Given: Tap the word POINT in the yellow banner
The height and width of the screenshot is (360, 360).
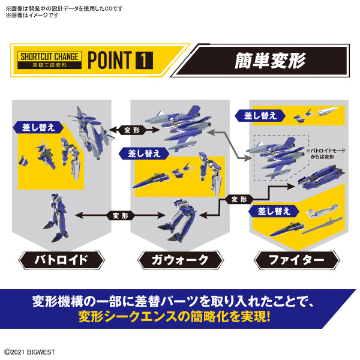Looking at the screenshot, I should [109, 60].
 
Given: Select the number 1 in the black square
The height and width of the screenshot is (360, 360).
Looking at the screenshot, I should [144, 60].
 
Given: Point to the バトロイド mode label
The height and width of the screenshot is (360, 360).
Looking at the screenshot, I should [61, 260].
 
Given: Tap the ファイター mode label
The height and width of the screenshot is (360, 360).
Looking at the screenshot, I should [298, 260].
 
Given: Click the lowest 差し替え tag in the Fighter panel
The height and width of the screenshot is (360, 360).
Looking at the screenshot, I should [274, 211].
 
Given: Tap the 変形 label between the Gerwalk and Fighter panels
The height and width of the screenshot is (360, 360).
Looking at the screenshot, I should [239, 199].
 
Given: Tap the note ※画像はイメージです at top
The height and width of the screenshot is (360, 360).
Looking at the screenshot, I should [32, 15].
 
